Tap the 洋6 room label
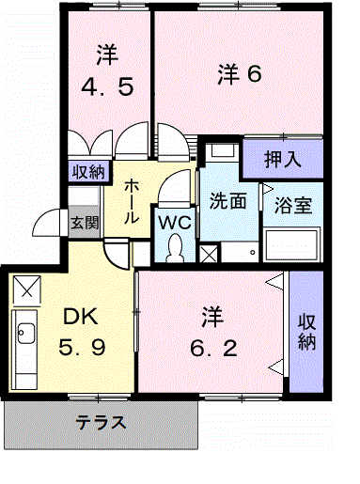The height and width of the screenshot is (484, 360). pyautogui.click(x=239, y=72)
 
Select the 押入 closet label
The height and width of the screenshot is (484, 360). pyautogui.click(x=280, y=158)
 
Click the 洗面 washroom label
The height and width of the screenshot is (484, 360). pyautogui.click(x=227, y=199)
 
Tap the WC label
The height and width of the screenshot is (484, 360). pyautogui.click(x=174, y=222)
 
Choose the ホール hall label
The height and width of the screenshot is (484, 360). pyautogui.click(x=133, y=199)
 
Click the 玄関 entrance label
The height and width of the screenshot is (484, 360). pyautogui.click(x=84, y=223)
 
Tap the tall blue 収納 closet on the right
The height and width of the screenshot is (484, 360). pyautogui.click(x=306, y=332)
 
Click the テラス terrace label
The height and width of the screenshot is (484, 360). pyautogui.click(x=102, y=422)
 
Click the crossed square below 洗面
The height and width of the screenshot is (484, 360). pyautogui.click(x=209, y=254)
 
